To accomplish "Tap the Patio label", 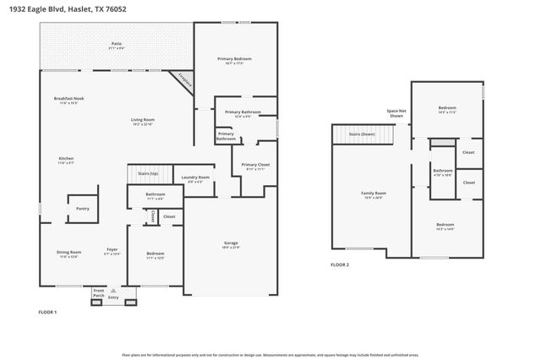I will point(117,45).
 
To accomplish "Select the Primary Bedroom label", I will point(234,60).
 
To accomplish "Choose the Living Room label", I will point(141,121).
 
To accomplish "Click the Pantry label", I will point(82,208).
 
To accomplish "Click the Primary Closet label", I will point(254,166).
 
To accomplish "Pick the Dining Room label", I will point(68,253).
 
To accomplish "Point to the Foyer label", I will point(112,250).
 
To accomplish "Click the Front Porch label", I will point(98,293).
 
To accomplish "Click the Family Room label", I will point(373,194).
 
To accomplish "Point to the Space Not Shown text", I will point(396,113).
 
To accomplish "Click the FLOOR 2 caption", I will point(340,265).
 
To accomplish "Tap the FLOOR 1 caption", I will point(47,312).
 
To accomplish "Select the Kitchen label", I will point(66,160).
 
